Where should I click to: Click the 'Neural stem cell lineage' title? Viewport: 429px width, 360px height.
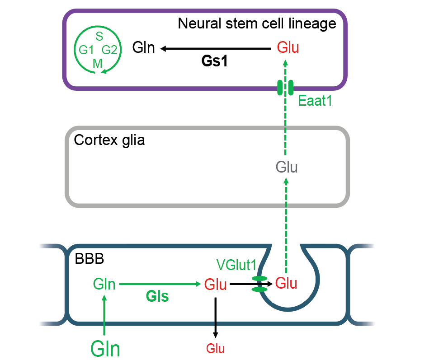(257, 23)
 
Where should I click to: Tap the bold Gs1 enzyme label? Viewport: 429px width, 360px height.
(214, 62)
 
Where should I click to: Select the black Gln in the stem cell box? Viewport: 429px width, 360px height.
(144, 47)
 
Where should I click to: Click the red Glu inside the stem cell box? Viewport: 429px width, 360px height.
(288, 47)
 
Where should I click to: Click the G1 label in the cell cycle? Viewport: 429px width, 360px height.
(86, 50)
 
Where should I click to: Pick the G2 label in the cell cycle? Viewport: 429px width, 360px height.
(109, 50)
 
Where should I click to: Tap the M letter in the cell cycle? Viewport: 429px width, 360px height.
(98, 63)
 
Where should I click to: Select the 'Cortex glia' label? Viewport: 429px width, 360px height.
(109, 140)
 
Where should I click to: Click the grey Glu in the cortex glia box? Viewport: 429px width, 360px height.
(287, 168)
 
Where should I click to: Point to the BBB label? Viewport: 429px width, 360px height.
(89, 260)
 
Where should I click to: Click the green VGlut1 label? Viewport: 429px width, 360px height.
(236, 263)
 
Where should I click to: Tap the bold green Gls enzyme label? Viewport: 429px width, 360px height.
(157, 297)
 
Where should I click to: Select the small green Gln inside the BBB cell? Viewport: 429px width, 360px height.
(104, 284)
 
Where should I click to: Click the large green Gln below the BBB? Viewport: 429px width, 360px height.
(105, 349)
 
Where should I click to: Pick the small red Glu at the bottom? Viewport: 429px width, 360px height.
(215, 348)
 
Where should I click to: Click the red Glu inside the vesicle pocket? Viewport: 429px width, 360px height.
(286, 284)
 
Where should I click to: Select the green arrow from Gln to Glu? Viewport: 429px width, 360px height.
(159, 284)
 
